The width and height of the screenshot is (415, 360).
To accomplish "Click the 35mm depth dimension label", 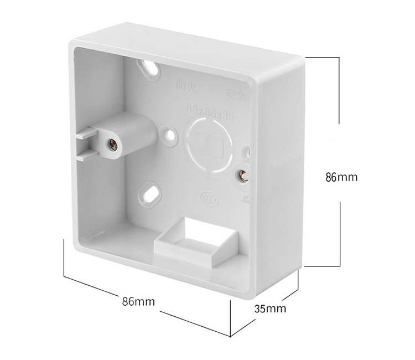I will tap(269, 309).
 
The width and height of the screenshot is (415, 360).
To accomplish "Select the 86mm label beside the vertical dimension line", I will tap(341, 177).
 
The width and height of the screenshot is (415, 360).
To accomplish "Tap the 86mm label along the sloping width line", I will tap(138, 302).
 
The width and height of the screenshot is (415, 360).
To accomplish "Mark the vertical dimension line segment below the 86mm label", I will tap(339, 233).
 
